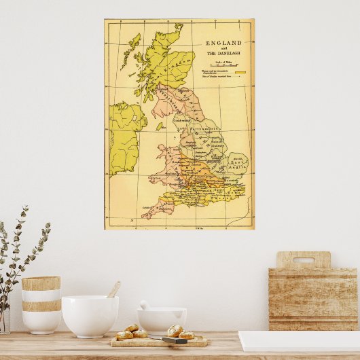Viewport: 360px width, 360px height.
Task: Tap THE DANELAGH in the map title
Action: pos(223,53)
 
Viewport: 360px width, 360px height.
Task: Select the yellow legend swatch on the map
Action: pos(240,71)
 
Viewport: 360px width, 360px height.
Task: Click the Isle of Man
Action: pos(159,126)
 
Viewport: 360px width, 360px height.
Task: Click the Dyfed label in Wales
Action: pos(156,179)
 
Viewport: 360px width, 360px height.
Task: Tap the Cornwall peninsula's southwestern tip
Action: pos(145,216)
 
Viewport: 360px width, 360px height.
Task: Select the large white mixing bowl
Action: pos(90,315)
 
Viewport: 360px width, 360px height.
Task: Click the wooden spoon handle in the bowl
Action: pos(113,290)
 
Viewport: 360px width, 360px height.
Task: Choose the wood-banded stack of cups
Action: pos(41,304)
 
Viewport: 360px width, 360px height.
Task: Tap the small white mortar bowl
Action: pos(162,319)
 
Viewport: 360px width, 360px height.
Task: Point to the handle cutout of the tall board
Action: pos(303,260)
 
